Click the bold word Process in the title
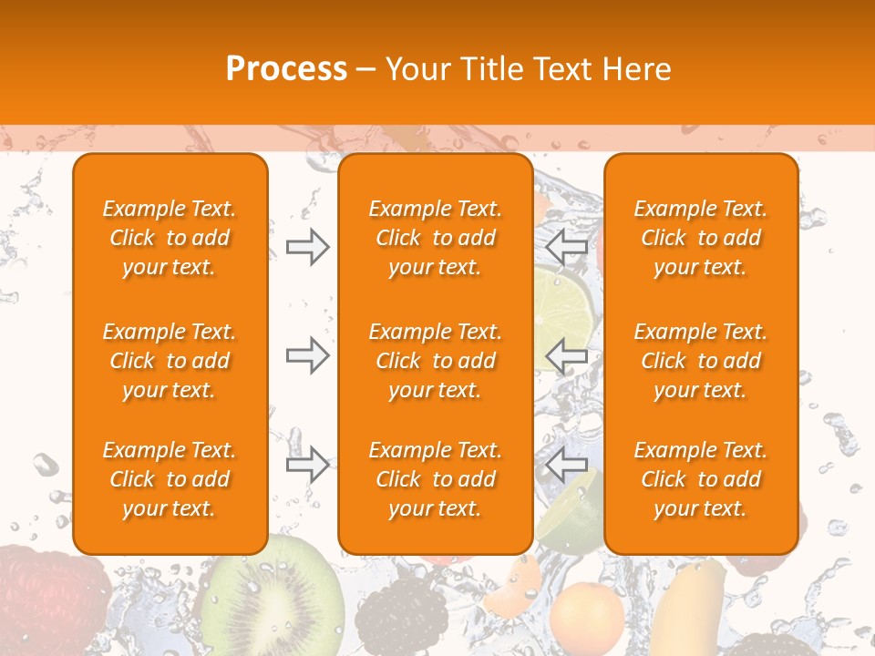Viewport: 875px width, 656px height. pyautogui.click(x=286, y=69)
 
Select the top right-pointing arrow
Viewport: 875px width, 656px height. pyautogui.click(x=307, y=247)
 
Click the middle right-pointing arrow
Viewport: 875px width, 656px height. pyautogui.click(x=307, y=355)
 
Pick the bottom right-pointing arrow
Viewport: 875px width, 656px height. pyautogui.click(x=307, y=464)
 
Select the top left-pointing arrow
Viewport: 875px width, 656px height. pyautogui.click(x=567, y=247)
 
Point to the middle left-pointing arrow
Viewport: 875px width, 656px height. pyautogui.click(x=567, y=355)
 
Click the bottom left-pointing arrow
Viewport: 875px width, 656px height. pyautogui.click(x=567, y=464)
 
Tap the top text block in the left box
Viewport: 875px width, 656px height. pyautogui.click(x=170, y=238)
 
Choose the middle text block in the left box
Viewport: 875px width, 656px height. pyautogui.click(x=170, y=361)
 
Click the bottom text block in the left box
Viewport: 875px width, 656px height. pyautogui.click(x=170, y=479)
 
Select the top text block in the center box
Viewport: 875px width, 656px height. pyautogui.click(x=435, y=238)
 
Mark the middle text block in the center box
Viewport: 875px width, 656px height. pyautogui.click(x=435, y=361)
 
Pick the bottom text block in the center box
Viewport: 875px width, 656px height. pyautogui.click(x=435, y=479)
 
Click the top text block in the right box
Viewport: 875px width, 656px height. pyautogui.click(x=700, y=238)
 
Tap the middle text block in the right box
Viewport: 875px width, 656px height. pyautogui.click(x=700, y=361)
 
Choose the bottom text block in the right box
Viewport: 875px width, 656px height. pyautogui.click(x=700, y=479)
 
